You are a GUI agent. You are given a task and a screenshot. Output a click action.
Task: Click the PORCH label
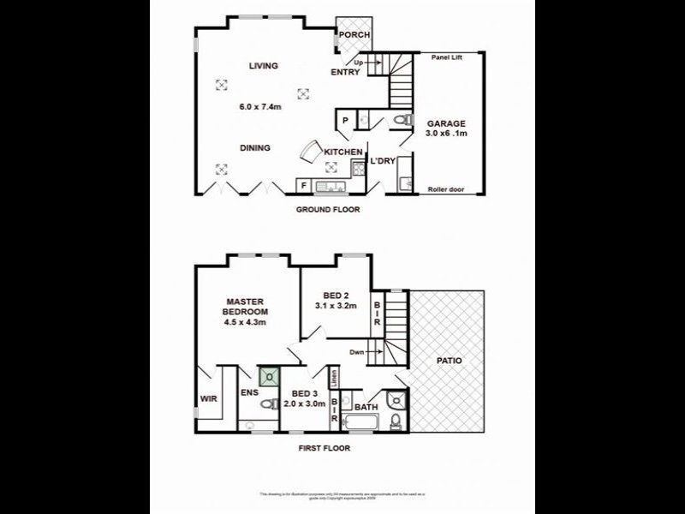pos(354,35)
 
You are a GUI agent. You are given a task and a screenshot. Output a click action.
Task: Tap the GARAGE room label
pos(447,123)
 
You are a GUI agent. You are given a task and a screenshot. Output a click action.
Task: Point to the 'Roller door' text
pos(445,189)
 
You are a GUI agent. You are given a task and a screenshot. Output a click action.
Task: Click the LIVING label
pos(265,66)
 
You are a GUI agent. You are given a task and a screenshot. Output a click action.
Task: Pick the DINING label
pos(254,148)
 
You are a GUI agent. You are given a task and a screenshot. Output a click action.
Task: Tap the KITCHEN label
pos(342,152)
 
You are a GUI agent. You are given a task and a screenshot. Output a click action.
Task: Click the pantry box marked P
pos(344,121)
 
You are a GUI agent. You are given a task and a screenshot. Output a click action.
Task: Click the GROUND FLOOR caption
pos(328,210)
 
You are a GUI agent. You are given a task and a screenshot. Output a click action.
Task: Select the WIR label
pos(209,399)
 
